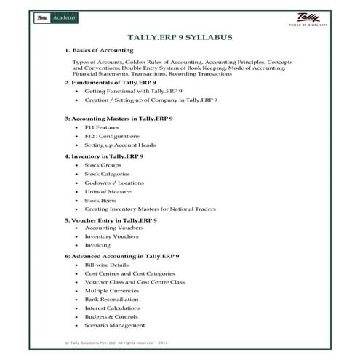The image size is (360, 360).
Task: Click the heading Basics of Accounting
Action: tap(103, 50)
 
